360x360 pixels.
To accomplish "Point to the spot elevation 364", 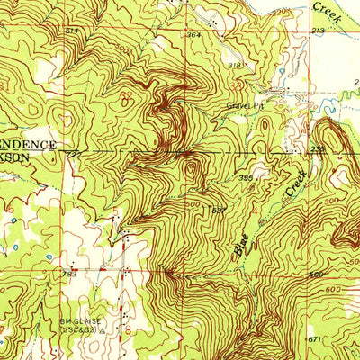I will click(193, 35).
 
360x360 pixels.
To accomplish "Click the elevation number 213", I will click(318, 31).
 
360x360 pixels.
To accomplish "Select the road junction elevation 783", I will click(67, 270).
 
